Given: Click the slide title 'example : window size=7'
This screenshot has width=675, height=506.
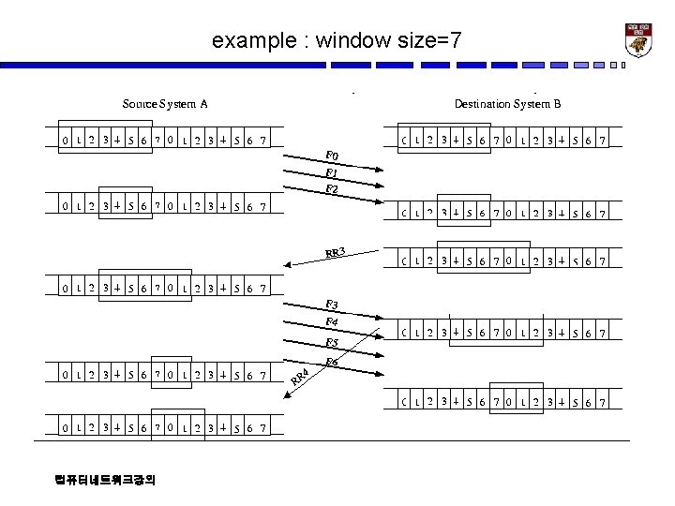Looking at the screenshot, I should (337, 40).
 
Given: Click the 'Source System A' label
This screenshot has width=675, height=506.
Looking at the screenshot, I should (166, 103).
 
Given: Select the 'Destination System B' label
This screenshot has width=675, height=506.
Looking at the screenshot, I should (507, 103).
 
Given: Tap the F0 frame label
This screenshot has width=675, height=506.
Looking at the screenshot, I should (332, 156).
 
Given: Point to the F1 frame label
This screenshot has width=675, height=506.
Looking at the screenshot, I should (331, 173).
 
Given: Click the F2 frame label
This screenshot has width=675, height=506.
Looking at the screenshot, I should (332, 189).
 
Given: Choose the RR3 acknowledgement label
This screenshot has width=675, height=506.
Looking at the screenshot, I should (337, 251).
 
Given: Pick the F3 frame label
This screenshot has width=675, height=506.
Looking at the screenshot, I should (331, 305).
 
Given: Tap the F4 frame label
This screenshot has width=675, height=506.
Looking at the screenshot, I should (332, 323).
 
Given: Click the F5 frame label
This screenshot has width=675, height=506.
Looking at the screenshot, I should (332, 343).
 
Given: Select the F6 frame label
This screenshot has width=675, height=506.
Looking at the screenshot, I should (332, 362).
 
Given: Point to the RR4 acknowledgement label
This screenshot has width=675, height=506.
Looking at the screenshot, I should (299, 377).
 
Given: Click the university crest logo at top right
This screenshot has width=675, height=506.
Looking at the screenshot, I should (638, 40).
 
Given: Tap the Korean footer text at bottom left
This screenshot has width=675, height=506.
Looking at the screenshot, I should (106, 480).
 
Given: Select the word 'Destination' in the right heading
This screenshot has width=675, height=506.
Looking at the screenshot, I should (482, 103).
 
